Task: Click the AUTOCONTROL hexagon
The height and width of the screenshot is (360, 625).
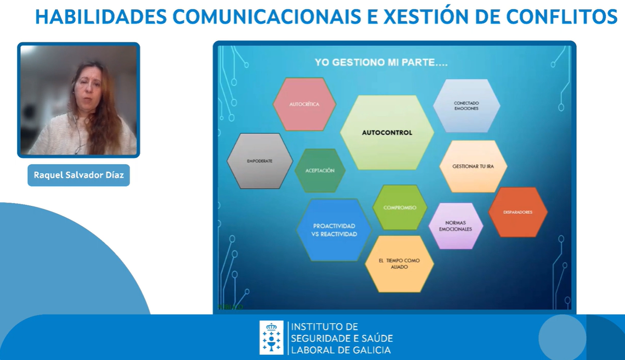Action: (x=387, y=132)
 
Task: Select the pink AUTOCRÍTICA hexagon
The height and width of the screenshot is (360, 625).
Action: (x=305, y=104)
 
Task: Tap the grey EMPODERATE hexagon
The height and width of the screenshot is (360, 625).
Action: (x=260, y=161)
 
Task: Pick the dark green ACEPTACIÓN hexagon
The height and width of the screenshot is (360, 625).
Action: (x=320, y=171)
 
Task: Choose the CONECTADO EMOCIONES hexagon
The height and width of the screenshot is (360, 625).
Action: (x=466, y=105)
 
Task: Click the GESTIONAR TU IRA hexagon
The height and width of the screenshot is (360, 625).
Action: (x=473, y=166)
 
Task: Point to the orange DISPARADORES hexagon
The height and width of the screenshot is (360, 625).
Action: (x=517, y=212)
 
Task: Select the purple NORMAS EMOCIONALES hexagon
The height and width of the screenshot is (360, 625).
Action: (x=455, y=226)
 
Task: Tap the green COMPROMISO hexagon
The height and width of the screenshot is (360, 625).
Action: (x=399, y=207)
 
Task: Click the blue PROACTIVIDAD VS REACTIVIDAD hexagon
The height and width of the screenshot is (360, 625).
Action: (x=334, y=230)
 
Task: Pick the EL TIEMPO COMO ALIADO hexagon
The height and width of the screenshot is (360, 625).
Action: (x=399, y=263)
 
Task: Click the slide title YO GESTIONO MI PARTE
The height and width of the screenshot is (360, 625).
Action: (x=381, y=63)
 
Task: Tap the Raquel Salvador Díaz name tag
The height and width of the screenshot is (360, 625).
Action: (x=78, y=175)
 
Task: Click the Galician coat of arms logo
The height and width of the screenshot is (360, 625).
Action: (x=271, y=337)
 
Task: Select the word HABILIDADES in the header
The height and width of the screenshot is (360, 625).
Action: (x=100, y=16)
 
